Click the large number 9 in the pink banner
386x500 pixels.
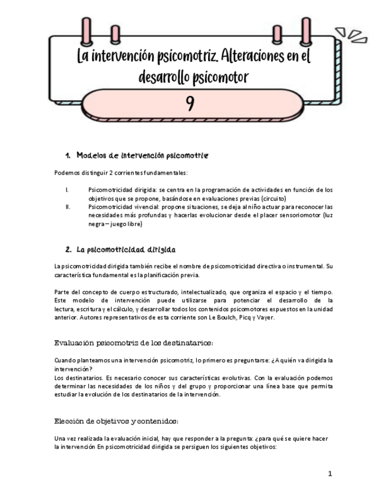coord(190,104)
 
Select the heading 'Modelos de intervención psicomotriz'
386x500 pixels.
coord(142,156)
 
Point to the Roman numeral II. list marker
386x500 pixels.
coord(68,207)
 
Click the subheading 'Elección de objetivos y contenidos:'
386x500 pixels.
coord(116,421)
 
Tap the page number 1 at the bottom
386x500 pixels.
coord(330,473)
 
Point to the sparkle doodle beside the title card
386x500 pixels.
coord(347,34)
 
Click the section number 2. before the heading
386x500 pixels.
coord(68,249)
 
